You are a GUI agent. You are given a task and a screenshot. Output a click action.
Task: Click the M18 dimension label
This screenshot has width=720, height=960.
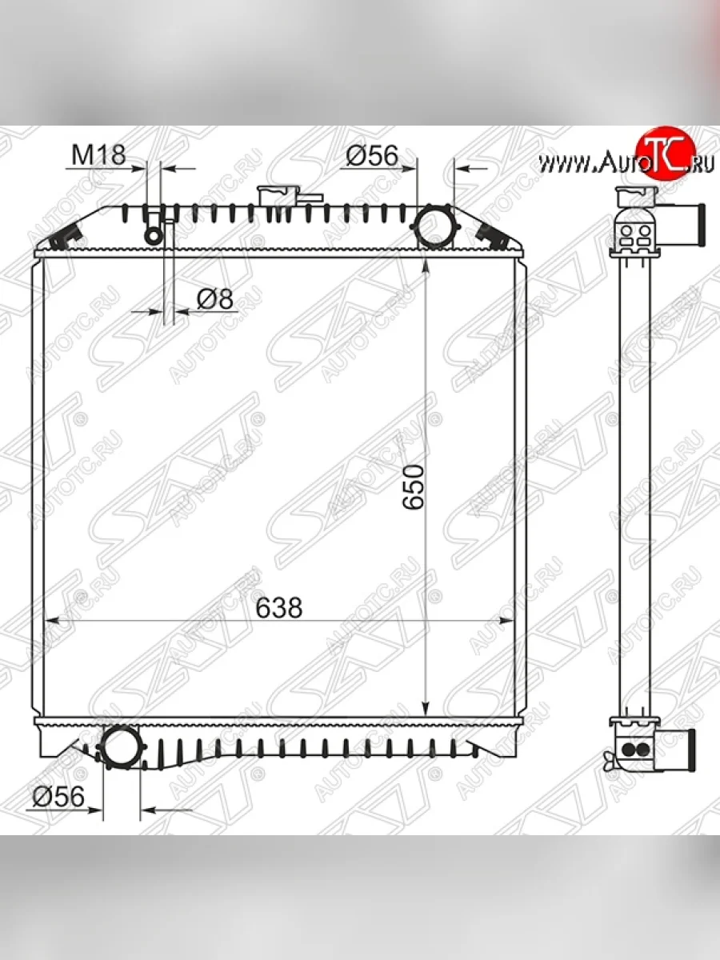pos(98,155)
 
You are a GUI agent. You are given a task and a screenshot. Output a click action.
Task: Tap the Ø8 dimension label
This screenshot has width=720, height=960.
pos(215,299)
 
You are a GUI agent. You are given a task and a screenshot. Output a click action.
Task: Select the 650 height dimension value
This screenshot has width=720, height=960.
pos(413,486)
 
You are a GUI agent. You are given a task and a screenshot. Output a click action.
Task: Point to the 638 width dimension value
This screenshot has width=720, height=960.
pos(279,607)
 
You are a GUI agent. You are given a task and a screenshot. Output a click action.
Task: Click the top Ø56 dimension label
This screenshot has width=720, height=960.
pos(373,155)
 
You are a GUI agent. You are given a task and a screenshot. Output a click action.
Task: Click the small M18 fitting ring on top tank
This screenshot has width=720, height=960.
pos(153,236)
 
